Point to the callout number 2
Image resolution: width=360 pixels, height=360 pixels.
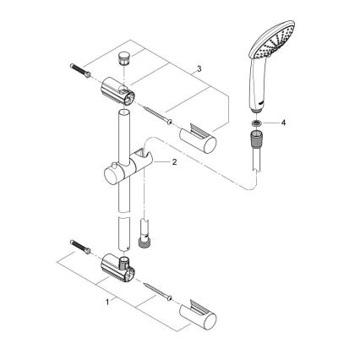point(173,163)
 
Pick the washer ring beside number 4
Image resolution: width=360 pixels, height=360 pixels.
point(256,123)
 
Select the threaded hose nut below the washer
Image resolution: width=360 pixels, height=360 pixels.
point(255,139)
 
